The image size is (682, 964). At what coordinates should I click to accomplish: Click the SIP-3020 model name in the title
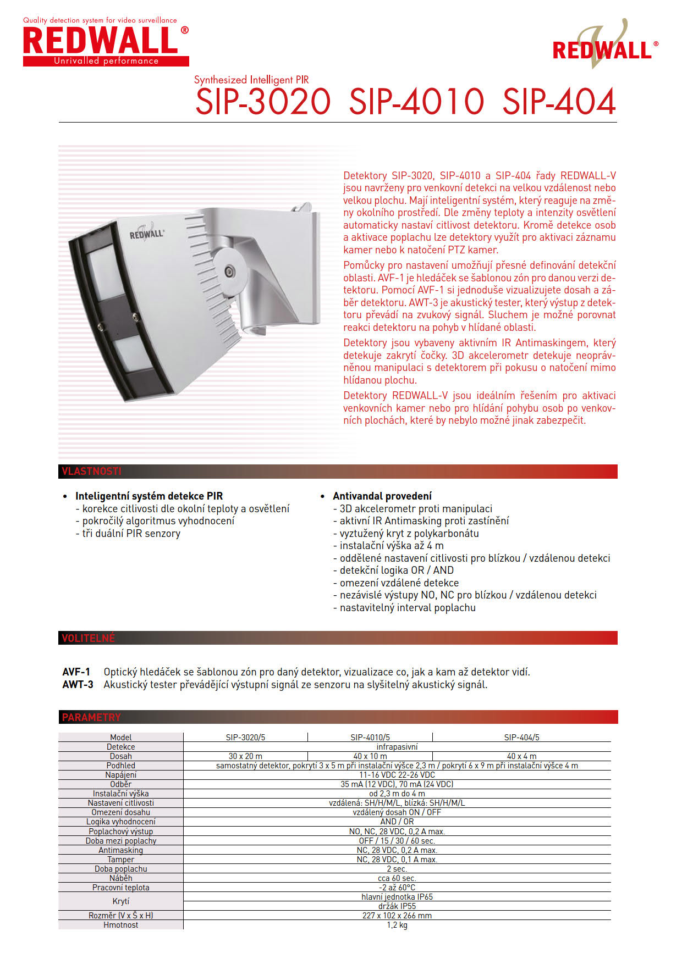click(x=263, y=102)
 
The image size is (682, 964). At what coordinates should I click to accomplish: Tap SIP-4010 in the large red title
click(x=416, y=102)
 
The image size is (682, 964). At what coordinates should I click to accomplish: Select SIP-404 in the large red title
click(x=559, y=102)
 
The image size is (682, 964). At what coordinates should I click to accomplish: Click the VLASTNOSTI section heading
click(x=91, y=472)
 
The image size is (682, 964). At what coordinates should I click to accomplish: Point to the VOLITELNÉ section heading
click(x=89, y=638)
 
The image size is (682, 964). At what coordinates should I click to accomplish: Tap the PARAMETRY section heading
click(x=91, y=717)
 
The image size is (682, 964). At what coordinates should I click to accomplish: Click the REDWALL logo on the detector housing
click(x=147, y=233)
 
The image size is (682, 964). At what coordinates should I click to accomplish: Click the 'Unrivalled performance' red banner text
click(x=106, y=61)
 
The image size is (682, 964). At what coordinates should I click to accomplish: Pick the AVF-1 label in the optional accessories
click(x=76, y=672)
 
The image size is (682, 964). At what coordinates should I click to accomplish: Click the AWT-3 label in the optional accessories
click(x=78, y=685)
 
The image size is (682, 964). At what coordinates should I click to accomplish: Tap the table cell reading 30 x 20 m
click(x=245, y=756)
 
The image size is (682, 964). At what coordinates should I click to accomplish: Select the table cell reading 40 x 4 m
click(x=521, y=756)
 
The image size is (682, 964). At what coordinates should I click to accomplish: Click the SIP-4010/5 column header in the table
click(x=370, y=738)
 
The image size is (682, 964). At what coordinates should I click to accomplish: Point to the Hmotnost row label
click(x=121, y=925)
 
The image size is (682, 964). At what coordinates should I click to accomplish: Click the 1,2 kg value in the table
click(x=397, y=925)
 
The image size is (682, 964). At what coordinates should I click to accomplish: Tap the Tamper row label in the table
click(x=121, y=860)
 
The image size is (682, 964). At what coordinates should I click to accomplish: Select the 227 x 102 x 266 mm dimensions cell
click(x=397, y=916)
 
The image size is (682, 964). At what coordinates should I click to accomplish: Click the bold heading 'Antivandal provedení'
click(x=382, y=496)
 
